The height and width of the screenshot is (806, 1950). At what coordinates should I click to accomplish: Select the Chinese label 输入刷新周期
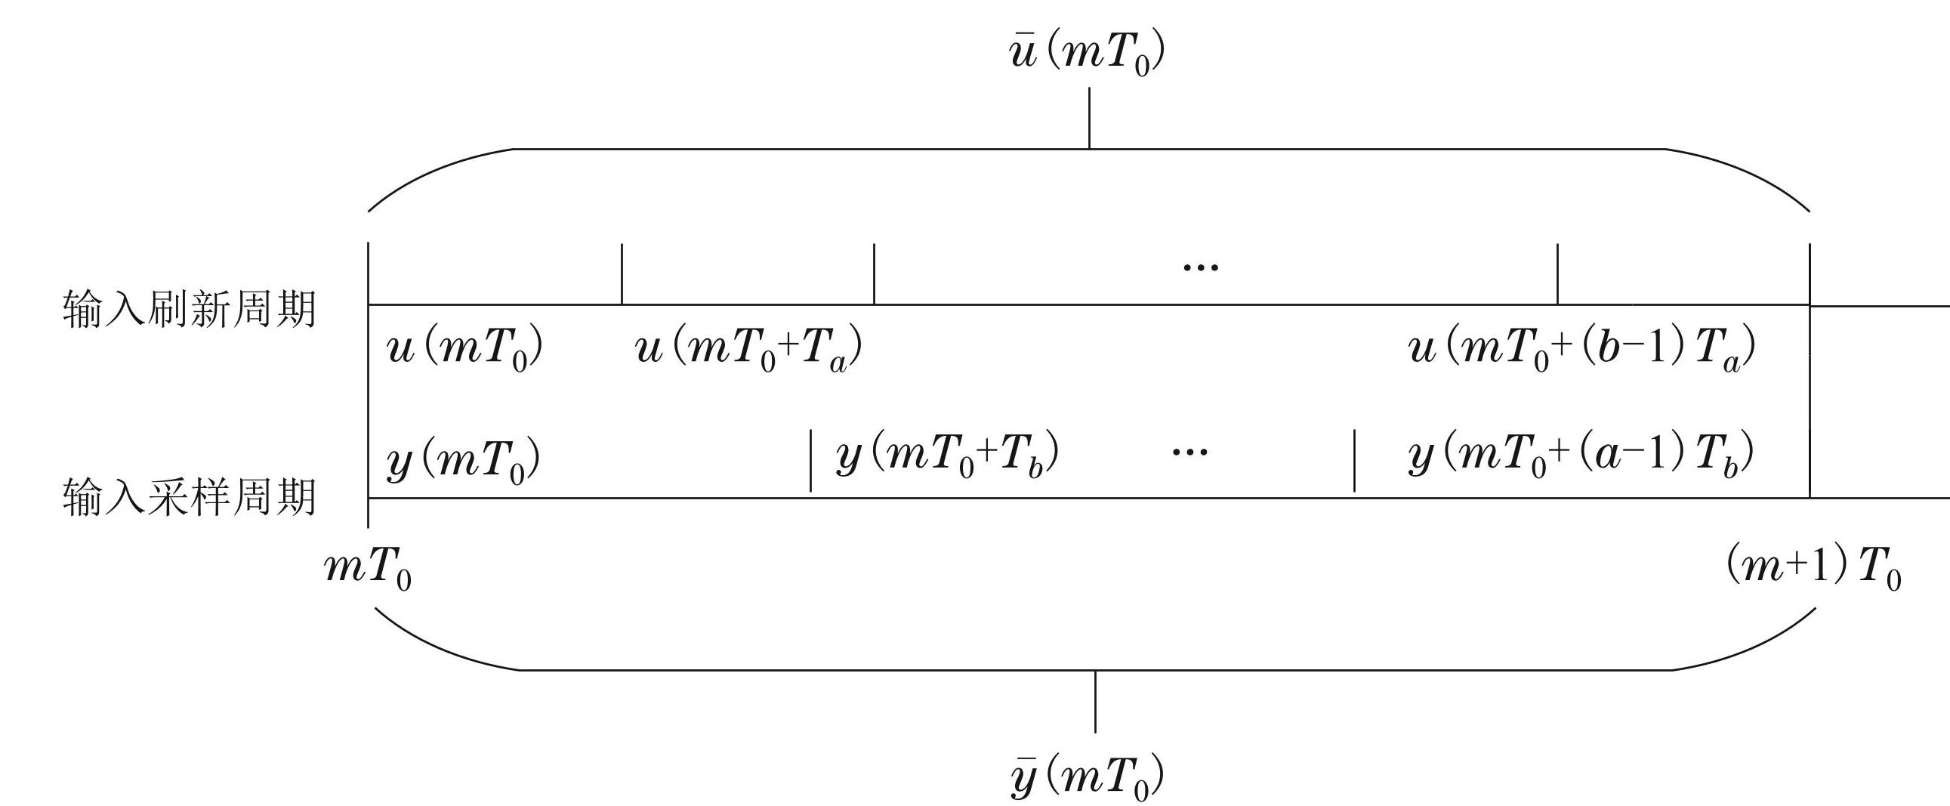pyautogui.click(x=189, y=310)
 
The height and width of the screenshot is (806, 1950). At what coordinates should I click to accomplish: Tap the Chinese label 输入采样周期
pyautogui.click(x=189, y=497)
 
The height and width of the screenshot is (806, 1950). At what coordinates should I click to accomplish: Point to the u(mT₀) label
pyautogui.click(x=464, y=350)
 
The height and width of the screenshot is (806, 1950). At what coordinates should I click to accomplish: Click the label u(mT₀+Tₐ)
pyautogui.click(x=748, y=350)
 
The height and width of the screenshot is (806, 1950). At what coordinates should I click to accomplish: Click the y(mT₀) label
pyautogui.click(x=463, y=459)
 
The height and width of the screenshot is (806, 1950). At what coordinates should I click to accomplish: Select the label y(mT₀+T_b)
pyautogui.click(x=947, y=455)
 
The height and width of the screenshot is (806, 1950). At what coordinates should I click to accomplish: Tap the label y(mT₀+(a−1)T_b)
pyautogui.click(x=1581, y=455)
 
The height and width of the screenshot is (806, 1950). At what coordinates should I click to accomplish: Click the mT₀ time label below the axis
pyautogui.click(x=368, y=569)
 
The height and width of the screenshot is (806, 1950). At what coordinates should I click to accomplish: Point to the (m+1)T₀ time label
pyautogui.click(x=1814, y=569)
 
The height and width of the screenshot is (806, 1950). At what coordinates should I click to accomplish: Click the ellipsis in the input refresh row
pyautogui.click(x=1201, y=267)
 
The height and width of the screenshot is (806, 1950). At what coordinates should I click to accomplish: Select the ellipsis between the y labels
pyautogui.click(x=1190, y=452)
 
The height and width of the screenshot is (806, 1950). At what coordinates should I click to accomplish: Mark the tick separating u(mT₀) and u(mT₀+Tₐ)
pyautogui.click(x=622, y=273)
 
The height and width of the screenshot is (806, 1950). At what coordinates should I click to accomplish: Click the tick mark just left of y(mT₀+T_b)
pyautogui.click(x=810, y=460)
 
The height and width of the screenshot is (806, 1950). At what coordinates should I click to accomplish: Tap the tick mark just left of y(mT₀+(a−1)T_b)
pyautogui.click(x=1354, y=460)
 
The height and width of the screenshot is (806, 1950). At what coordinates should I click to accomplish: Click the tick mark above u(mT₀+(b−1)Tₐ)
pyautogui.click(x=1557, y=273)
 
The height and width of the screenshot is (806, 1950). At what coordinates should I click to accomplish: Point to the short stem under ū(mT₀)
pyautogui.click(x=1089, y=117)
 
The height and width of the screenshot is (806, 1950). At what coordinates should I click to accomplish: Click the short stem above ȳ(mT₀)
pyautogui.click(x=1094, y=702)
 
